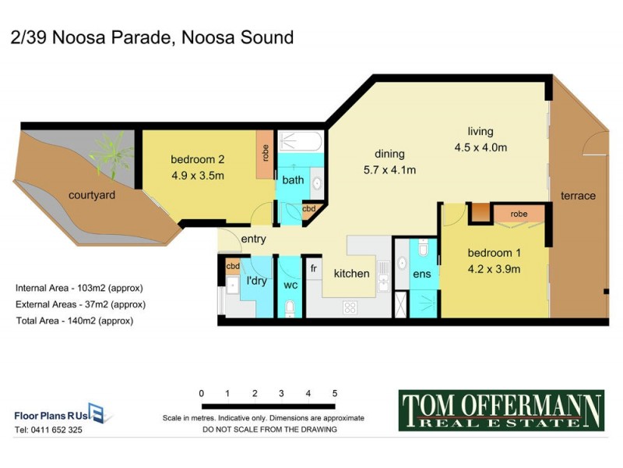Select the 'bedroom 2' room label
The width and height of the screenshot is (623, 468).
(x=197, y=161)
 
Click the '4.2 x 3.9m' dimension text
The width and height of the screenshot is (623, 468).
(x=494, y=270)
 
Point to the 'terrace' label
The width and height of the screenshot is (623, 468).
(x=578, y=196)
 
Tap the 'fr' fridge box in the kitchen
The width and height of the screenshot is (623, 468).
(x=314, y=268)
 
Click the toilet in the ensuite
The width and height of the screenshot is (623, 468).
(x=423, y=249)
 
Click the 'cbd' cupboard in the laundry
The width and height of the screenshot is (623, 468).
(x=232, y=266)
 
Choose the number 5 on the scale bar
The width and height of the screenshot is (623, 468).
(x=334, y=393)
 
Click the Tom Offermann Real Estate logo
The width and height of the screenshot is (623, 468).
(x=501, y=410)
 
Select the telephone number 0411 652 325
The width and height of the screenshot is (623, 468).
(x=48, y=430)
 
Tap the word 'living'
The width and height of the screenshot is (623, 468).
(x=480, y=131)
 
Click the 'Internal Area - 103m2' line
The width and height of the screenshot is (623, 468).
(x=79, y=288)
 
